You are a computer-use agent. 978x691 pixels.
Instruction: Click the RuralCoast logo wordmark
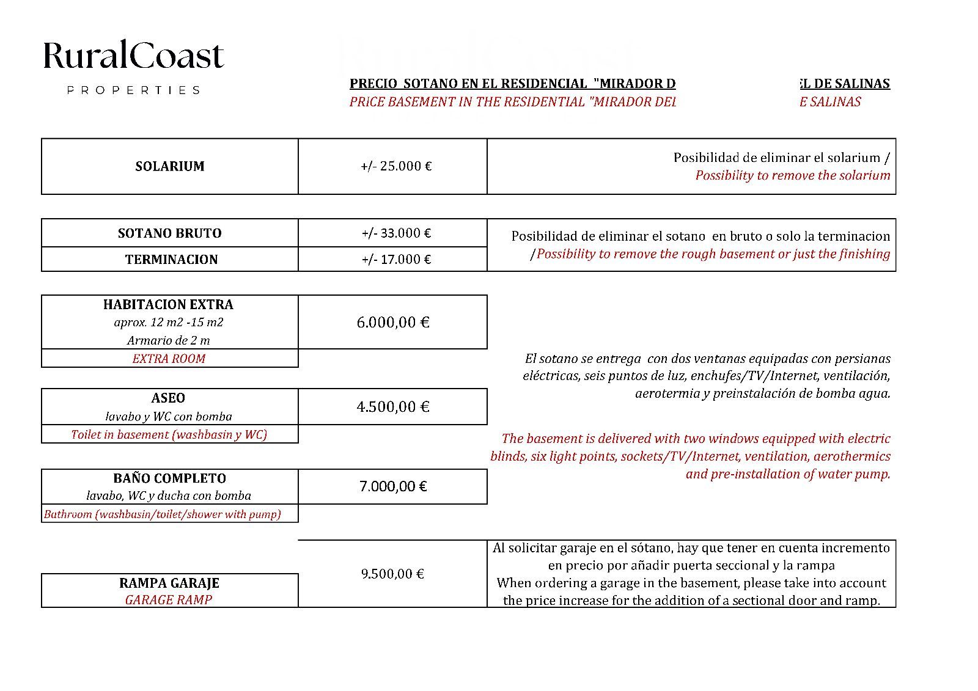pyautogui.click(x=133, y=56)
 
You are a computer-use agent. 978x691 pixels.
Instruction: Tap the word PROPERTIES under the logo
pyautogui.click(x=133, y=90)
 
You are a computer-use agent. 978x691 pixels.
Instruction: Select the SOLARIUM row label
pyautogui.click(x=170, y=166)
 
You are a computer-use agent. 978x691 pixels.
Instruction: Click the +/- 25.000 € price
pyautogui.click(x=396, y=166)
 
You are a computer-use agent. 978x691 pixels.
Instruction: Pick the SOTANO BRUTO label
pyautogui.click(x=170, y=233)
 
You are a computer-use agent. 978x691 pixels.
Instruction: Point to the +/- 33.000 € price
pyautogui.click(x=396, y=233)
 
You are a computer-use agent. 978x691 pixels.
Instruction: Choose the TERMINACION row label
pyautogui.click(x=171, y=260)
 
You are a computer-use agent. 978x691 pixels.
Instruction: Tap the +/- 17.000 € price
pyautogui.click(x=396, y=260)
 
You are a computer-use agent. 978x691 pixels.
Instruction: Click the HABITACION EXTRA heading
pyautogui.click(x=168, y=304)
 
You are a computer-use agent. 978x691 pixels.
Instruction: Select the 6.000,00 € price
pyautogui.click(x=393, y=323)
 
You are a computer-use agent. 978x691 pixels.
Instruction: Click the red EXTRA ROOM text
pyautogui.click(x=169, y=359)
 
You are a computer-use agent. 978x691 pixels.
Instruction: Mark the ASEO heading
pyautogui.click(x=168, y=398)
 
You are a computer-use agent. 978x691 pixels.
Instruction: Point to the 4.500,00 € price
pyautogui.click(x=393, y=407)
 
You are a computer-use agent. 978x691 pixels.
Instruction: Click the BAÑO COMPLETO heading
pyautogui.click(x=169, y=478)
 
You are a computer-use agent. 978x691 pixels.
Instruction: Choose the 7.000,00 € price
pyautogui.click(x=393, y=487)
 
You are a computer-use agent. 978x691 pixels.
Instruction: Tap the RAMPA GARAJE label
pyautogui.click(x=169, y=583)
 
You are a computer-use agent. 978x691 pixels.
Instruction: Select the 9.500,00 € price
pyautogui.click(x=392, y=574)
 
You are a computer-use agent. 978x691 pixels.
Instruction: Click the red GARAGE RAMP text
pyautogui.click(x=169, y=600)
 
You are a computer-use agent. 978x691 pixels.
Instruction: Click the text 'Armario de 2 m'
pyautogui.click(x=169, y=340)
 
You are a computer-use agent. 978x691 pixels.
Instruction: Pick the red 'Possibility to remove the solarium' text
pyautogui.click(x=792, y=176)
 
